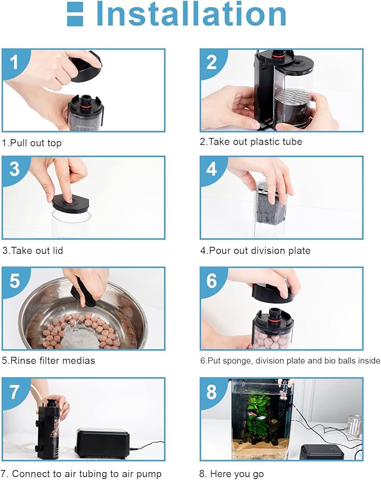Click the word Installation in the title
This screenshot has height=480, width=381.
pos(191,14)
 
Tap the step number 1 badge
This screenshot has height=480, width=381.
pos(13,62)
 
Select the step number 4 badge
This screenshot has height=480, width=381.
pos(212,169)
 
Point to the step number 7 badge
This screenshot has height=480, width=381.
pos(15,391)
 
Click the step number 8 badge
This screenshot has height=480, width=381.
pos(212,391)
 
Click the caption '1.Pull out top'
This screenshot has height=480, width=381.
pos(32,143)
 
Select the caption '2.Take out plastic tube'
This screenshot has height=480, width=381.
pos(251,141)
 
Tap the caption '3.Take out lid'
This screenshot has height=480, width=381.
pos(33,251)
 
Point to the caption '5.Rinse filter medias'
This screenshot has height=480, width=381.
pos(48,361)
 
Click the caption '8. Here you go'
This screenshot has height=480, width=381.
pos(231,474)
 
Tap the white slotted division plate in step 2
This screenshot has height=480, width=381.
pos(292,98)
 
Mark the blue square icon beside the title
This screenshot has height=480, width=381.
pos(75,14)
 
